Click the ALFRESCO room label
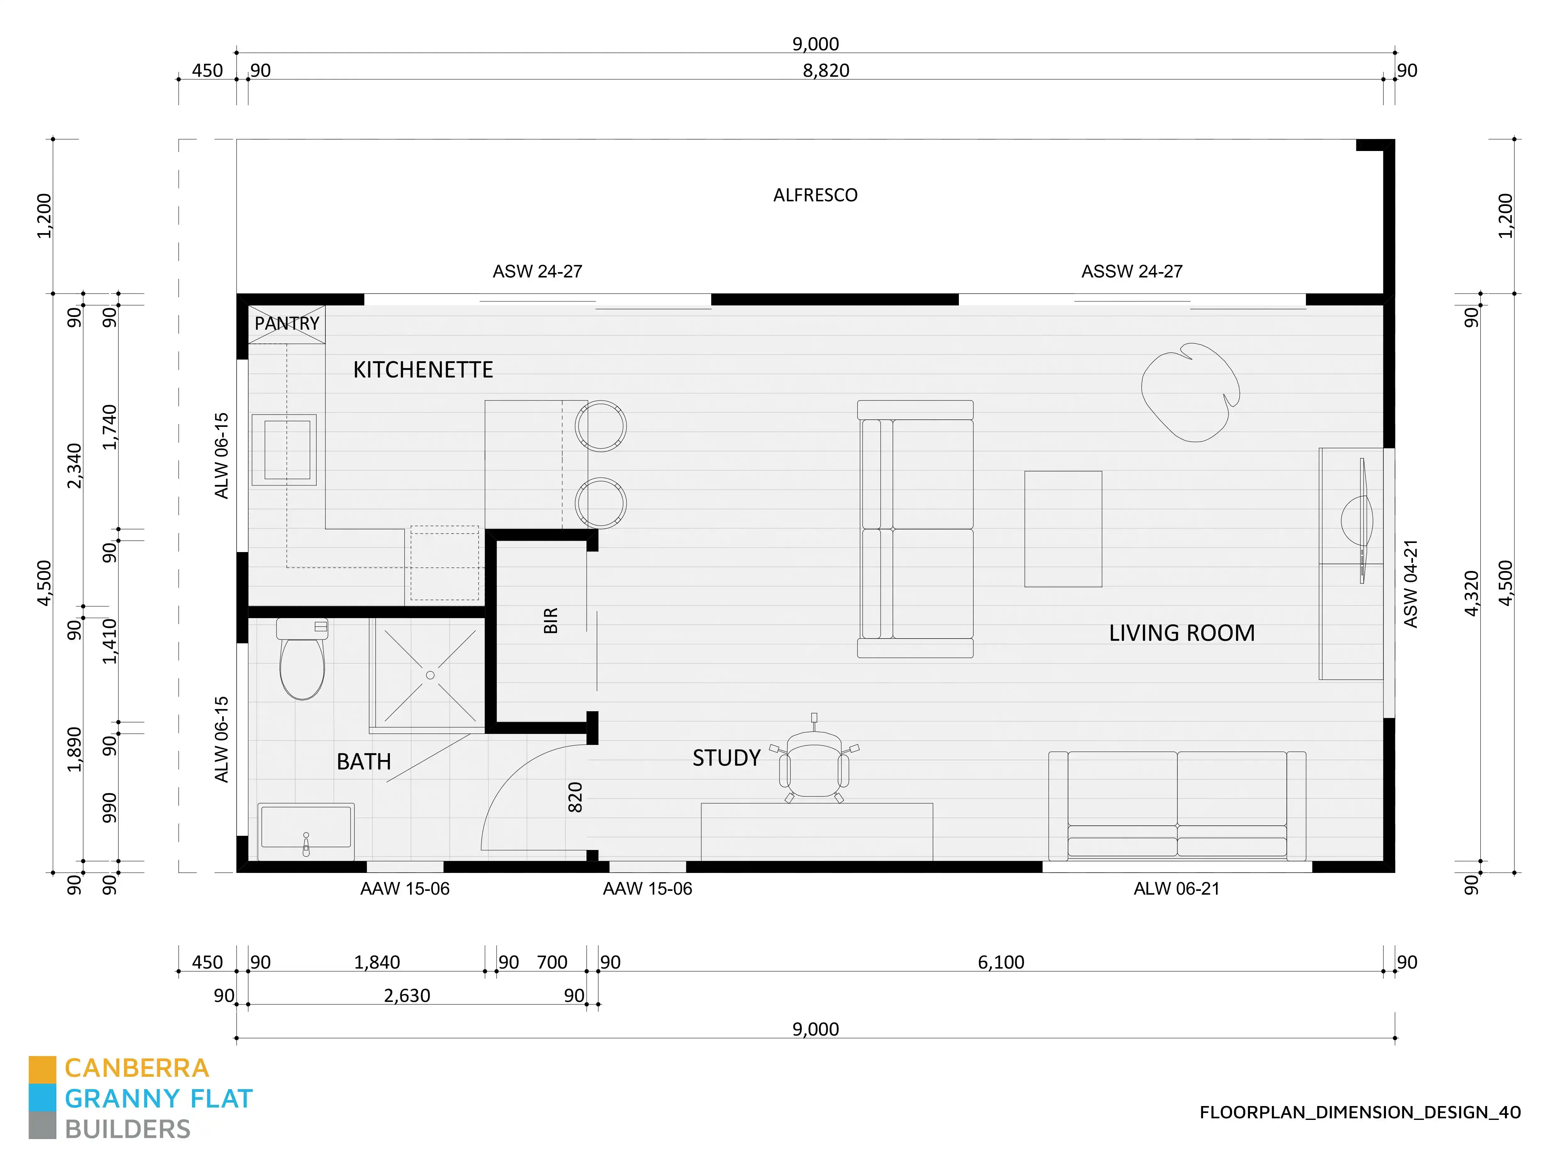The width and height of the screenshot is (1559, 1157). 815,195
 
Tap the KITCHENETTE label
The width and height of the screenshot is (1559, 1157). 423,370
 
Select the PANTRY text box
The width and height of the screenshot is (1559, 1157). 287,324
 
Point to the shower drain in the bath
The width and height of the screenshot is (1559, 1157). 430,675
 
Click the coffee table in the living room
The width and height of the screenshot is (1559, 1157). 1063,529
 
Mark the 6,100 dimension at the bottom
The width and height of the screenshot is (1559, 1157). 1000,962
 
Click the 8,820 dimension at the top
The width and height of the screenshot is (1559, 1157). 826,71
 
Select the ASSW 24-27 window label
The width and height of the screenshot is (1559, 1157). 1132,272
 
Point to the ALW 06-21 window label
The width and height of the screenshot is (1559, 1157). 1176,889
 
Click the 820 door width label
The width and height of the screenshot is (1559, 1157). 575,797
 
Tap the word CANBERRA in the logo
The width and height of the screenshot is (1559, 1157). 137,1068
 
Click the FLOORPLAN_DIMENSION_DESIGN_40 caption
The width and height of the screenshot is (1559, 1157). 1359,1112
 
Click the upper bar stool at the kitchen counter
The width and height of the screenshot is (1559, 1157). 600,425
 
